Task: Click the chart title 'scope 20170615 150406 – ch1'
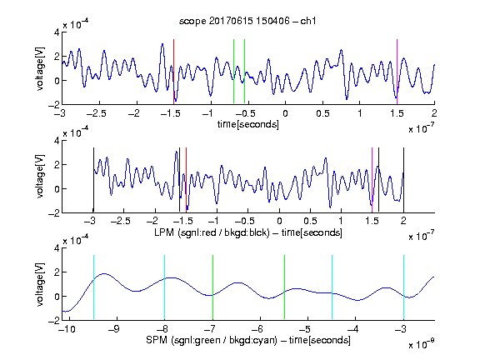click(247, 21)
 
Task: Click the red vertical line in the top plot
click(173, 72)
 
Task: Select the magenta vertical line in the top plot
click(397, 72)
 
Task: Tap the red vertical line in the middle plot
click(186, 180)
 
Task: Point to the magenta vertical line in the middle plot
click(372, 180)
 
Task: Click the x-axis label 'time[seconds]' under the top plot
click(248, 124)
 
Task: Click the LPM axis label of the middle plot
click(248, 232)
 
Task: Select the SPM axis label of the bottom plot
click(248, 340)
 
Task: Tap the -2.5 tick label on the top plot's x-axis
click(96, 113)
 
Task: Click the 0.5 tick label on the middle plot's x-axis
click(310, 221)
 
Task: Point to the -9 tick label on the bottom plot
click(114, 329)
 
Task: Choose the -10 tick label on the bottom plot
click(67, 329)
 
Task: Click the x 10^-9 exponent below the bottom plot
click(422, 344)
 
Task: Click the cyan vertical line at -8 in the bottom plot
click(165, 287)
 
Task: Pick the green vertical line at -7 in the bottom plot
click(212, 287)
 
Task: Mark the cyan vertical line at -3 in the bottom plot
click(404, 287)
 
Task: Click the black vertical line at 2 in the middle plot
click(403, 180)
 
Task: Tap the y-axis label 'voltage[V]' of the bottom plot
click(40, 284)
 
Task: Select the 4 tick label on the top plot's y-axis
click(57, 32)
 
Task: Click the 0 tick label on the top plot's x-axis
click(285, 113)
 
